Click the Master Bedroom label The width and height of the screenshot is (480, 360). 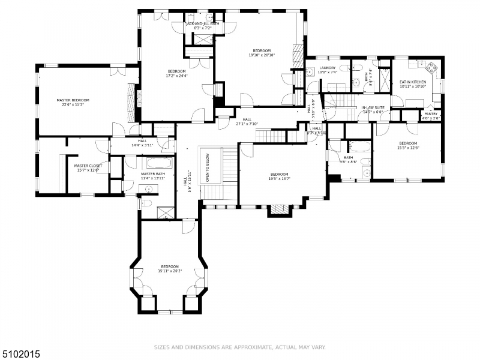[73, 100]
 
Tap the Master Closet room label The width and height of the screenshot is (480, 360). [88, 166]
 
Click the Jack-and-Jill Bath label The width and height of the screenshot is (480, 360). [203, 24]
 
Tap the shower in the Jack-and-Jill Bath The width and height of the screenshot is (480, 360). [201, 38]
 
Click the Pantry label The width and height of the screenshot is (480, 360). [431, 113]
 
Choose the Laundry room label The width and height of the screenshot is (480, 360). [327, 68]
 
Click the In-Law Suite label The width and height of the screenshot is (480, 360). [372, 108]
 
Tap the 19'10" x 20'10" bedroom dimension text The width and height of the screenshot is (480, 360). [262, 55]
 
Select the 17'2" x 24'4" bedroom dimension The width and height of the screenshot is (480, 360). [176, 76]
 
